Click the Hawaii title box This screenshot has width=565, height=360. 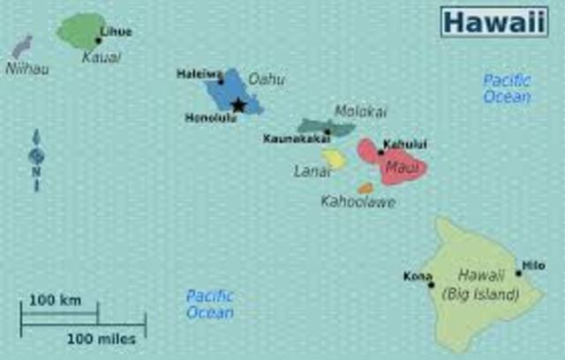[493, 21]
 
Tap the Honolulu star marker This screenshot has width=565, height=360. [237, 105]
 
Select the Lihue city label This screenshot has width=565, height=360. [116, 32]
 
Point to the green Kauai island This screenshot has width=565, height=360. [79, 31]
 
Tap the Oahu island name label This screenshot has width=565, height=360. [266, 79]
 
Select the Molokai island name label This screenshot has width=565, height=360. [360, 111]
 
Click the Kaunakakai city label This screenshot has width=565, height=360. [296, 139]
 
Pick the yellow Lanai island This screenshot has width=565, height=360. [334, 158]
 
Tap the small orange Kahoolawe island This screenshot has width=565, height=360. [365, 188]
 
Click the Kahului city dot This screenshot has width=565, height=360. [381, 152]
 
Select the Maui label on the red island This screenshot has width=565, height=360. [406, 165]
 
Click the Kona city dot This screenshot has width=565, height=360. [431, 284]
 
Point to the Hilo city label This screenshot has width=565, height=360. [533, 265]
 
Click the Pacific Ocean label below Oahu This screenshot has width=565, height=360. [210, 304]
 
